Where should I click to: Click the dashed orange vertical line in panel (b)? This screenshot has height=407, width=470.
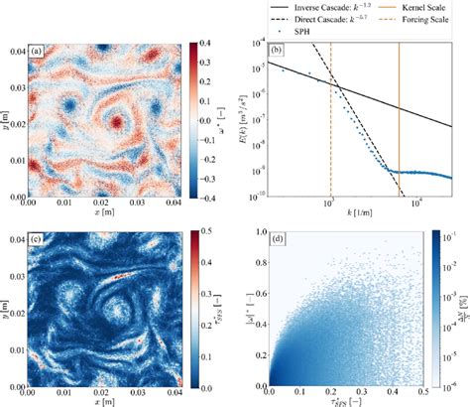pos(330,119)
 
